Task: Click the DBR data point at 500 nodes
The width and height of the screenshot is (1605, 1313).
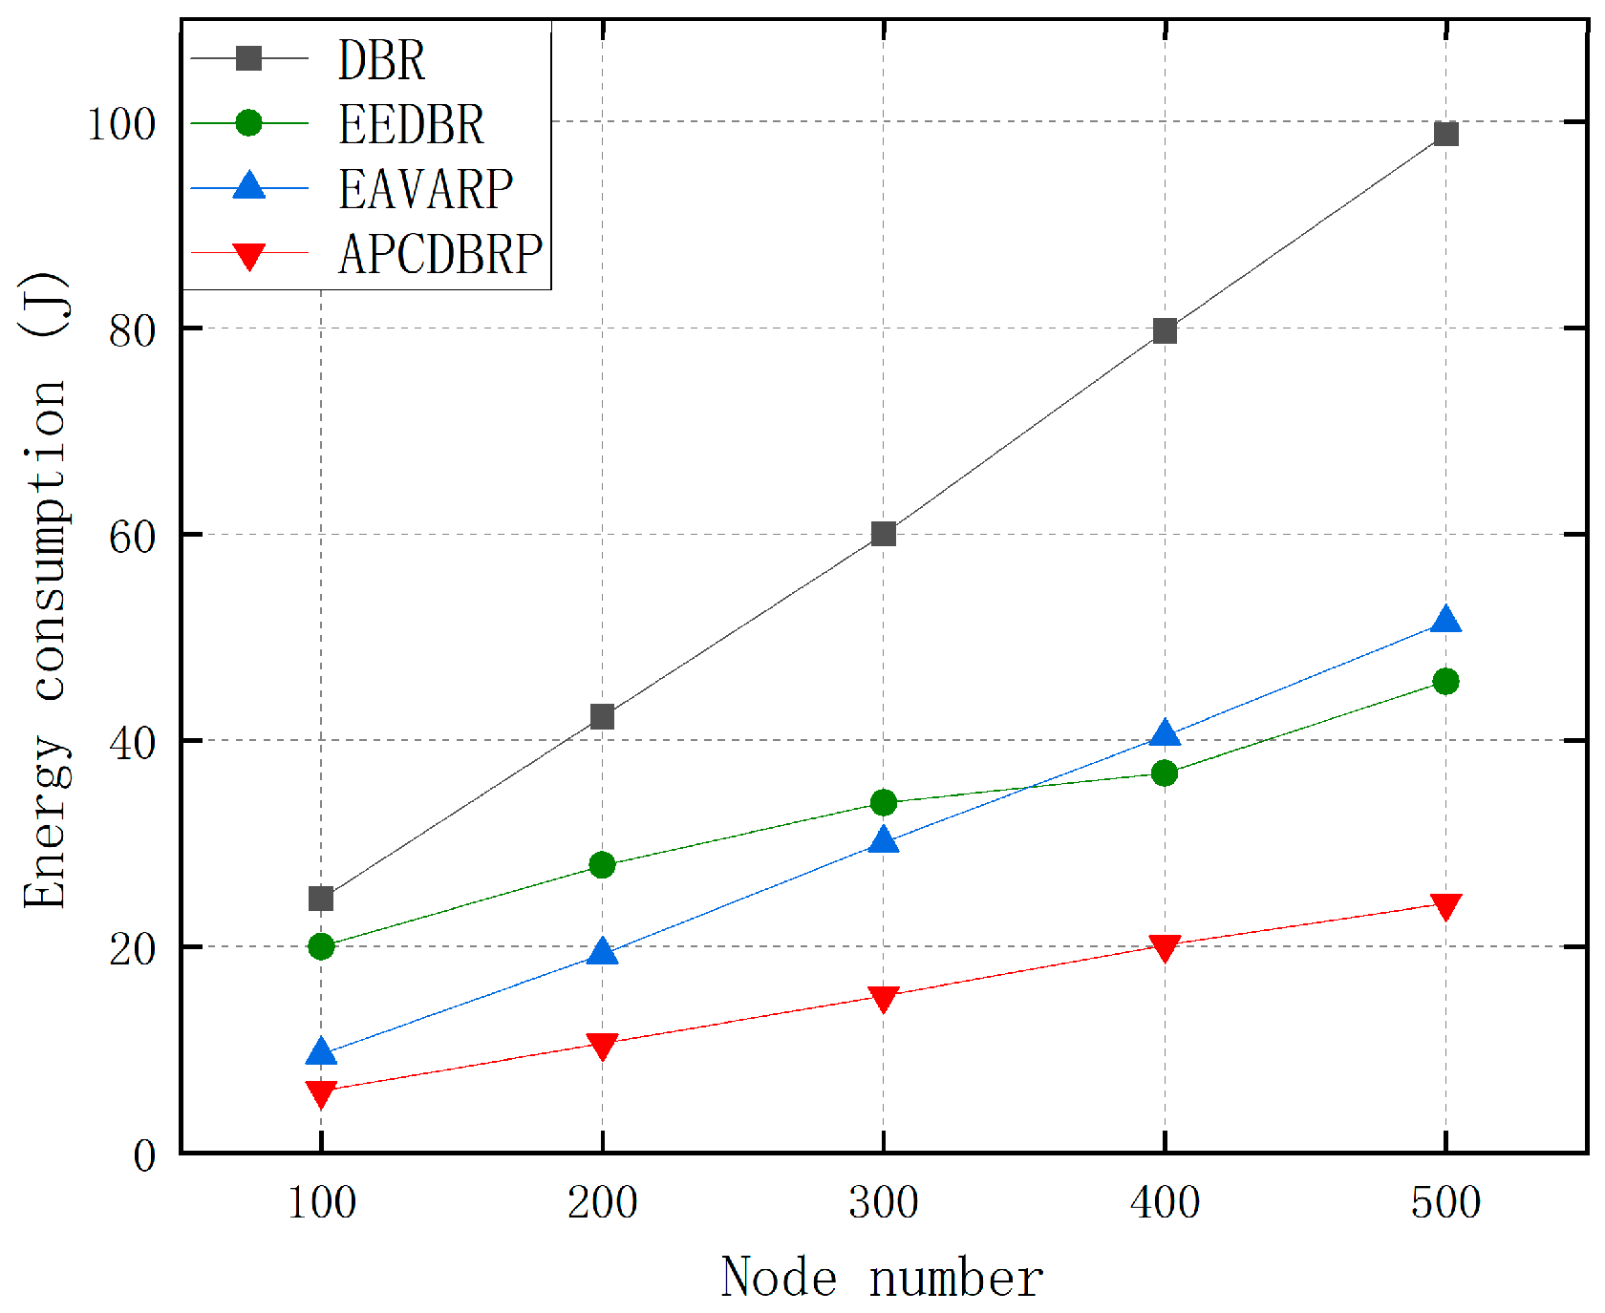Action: click(x=1445, y=134)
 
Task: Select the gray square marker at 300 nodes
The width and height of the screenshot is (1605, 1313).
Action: click(x=884, y=533)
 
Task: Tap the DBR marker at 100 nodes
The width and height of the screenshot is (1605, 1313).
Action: click(x=321, y=899)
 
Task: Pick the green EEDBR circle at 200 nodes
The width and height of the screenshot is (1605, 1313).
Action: click(x=602, y=865)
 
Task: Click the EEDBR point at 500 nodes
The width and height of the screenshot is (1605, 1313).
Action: click(x=1445, y=681)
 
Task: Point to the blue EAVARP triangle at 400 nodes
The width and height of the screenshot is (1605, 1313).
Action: click(x=1165, y=734)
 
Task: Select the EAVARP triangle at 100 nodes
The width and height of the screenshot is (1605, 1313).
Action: click(x=321, y=1052)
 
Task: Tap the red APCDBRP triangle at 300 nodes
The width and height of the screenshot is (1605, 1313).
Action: click(x=884, y=999)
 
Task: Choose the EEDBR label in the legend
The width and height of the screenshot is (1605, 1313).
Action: click(x=411, y=125)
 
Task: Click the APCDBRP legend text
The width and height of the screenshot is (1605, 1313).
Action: click(x=439, y=254)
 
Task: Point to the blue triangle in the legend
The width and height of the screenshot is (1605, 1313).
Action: click(x=249, y=185)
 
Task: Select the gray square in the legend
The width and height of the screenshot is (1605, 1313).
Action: click(x=249, y=58)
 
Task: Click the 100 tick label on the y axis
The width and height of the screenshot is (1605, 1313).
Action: click(x=121, y=124)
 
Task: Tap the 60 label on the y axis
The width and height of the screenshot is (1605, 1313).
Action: click(x=132, y=537)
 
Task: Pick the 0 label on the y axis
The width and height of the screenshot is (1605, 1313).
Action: click(x=144, y=1156)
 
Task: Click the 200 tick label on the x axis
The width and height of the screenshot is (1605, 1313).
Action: click(x=602, y=1203)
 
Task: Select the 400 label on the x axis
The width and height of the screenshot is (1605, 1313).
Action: click(x=1165, y=1203)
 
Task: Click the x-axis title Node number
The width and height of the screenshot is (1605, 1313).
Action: click(x=882, y=1278)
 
